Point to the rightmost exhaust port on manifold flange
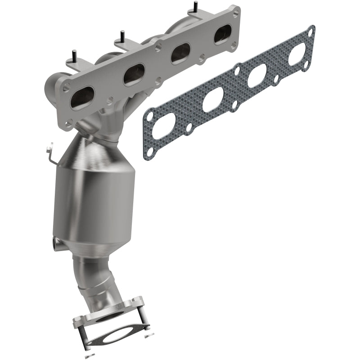222,34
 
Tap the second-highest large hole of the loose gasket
256,76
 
